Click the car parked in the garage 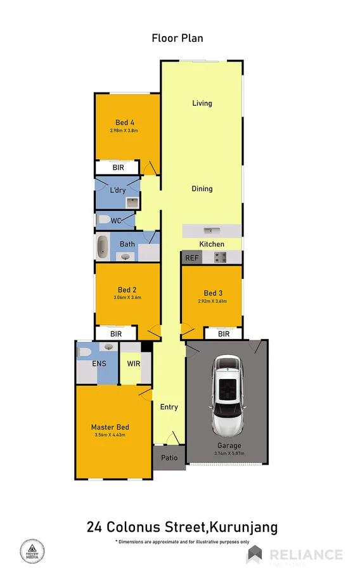point(226,394)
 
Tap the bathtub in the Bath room point(101,247)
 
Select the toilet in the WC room point(101,220)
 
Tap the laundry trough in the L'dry point(132,202)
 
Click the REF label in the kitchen point(190,258)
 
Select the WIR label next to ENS point(134,364)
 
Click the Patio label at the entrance point(169,458)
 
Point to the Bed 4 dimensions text point(124,131)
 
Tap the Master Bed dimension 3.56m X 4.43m point(110,435)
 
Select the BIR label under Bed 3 point(223,333)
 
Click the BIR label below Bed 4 point(118,167)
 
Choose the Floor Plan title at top point(177,38)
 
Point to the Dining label point(202,189)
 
